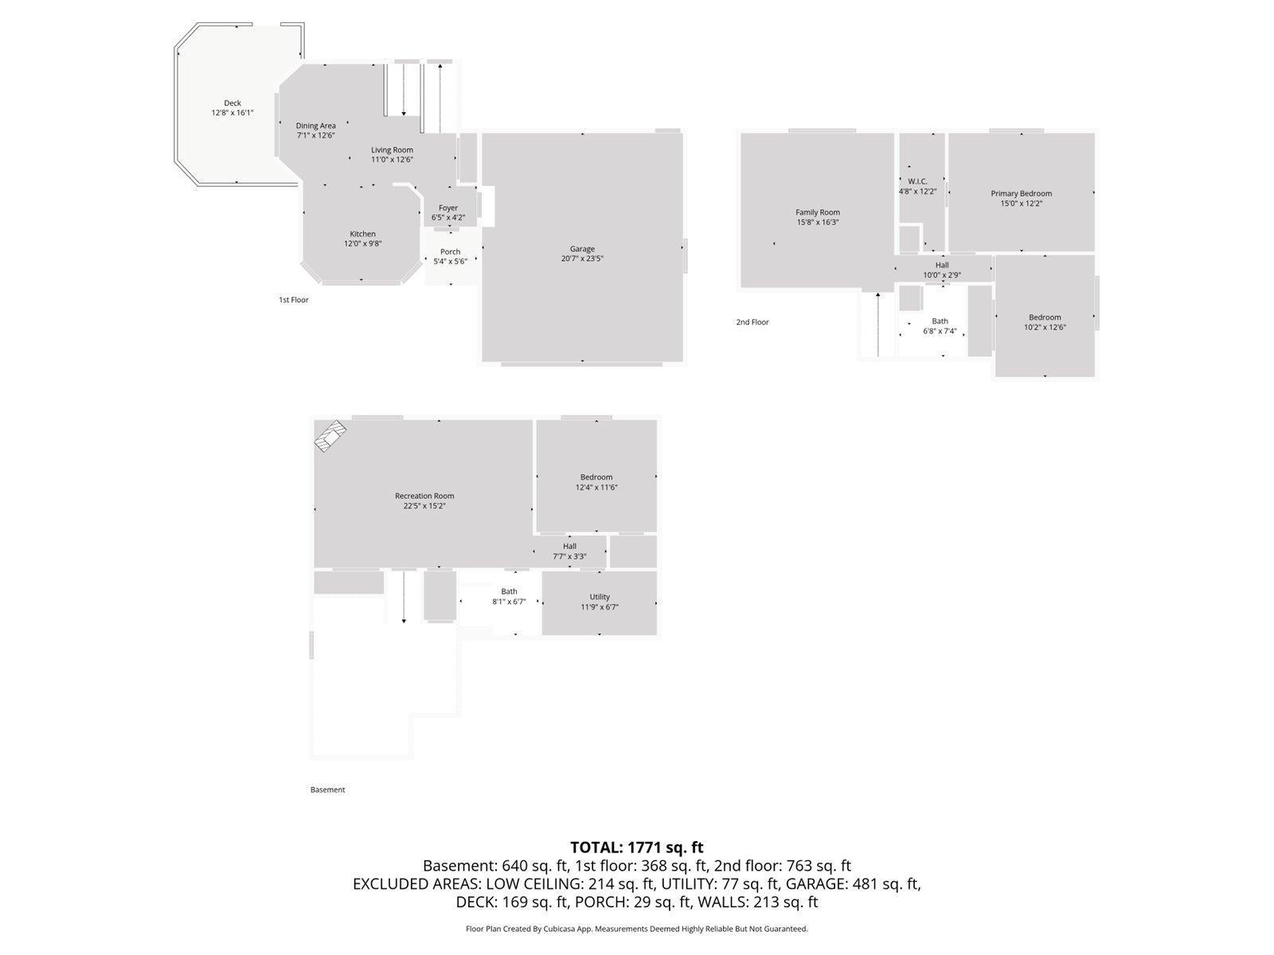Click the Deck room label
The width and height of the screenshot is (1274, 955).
[x=232, y=103]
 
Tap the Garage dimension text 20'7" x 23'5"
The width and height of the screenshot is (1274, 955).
[x=582, y=259]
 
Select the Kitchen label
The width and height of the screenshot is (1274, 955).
[x=362, y=234]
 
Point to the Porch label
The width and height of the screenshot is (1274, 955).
[x=450, y=251]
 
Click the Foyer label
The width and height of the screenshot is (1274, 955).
[x=448, y=208]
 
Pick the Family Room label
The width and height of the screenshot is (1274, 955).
[x=818, y=212]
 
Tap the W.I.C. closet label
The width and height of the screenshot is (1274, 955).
[x=917, y=181]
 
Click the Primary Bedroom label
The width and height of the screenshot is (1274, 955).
[x=1021, y=193]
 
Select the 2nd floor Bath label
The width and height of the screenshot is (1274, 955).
[x=940, y=322]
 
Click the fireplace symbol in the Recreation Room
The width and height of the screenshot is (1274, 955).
[x=330, y=436]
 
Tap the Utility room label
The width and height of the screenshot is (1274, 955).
[x=600, y=597]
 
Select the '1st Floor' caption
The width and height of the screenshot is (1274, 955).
[x=293, y=300]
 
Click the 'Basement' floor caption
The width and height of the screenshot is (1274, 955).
[x=327, y=789]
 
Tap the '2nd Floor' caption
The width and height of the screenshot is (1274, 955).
[x=752, y=322]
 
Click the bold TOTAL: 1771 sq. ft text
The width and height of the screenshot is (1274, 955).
[x=636, y=848]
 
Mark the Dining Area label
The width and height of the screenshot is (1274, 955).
[x=315, y=126]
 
